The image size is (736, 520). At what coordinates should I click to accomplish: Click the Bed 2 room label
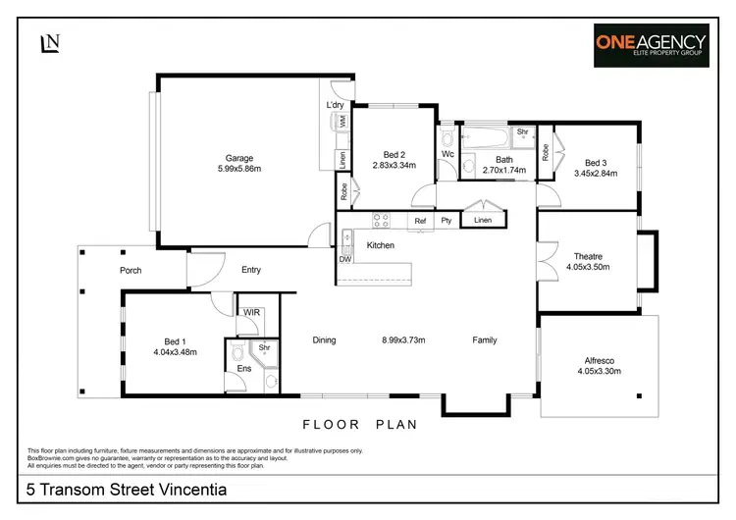(394, 155)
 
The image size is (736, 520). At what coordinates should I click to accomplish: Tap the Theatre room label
(588, 256)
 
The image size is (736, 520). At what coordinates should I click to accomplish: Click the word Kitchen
(381, 245)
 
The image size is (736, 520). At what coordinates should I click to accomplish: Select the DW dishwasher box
(345, 260)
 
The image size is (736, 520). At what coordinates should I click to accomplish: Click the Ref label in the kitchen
(420, 222)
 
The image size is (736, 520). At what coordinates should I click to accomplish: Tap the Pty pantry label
(446, 222)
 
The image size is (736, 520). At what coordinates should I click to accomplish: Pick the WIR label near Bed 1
(251, 312)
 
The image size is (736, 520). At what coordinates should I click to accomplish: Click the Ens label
(243, 369)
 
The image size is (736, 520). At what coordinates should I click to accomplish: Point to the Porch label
(131, 270)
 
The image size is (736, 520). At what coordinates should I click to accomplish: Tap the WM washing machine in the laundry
(342, 122)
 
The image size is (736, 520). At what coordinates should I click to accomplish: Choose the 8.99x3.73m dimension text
(402, 340)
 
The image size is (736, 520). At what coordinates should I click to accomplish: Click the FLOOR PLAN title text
(360, 425)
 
